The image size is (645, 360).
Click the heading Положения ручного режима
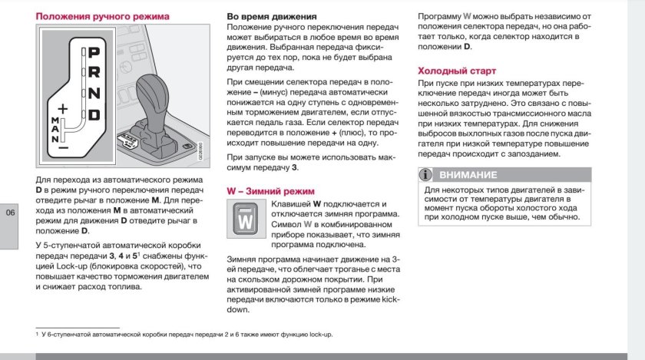click(103, 16)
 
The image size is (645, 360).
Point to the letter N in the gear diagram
click(94, 94)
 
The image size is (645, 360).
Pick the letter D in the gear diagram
click(94, 115)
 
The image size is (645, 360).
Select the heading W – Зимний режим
click(271, 190)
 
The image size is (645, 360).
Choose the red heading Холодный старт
click(456, 71)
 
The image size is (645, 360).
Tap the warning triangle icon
click(428, 175)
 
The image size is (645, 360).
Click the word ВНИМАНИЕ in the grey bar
click(468, 175)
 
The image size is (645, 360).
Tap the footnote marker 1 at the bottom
click(38, 335)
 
